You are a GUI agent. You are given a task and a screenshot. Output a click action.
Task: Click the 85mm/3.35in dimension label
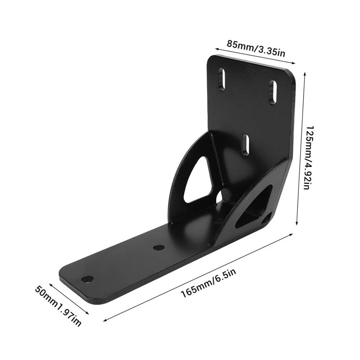(x=256, y=49)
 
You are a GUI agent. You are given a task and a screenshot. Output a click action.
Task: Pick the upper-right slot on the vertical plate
(x=273, y=92)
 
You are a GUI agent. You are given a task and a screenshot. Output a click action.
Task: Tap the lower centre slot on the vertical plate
(x=246, y=145)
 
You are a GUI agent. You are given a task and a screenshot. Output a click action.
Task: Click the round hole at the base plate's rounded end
(x=87, y=279)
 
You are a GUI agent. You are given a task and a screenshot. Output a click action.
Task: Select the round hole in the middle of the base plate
(x=159, y=248)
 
